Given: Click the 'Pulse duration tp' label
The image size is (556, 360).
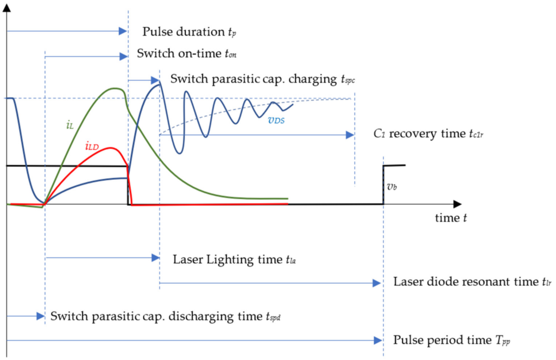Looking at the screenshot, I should click(x=189, y=32).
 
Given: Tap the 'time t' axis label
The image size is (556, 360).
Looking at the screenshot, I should click(x=451, y=218).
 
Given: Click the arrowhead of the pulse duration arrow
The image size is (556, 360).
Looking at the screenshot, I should click(x=123, y=32).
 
